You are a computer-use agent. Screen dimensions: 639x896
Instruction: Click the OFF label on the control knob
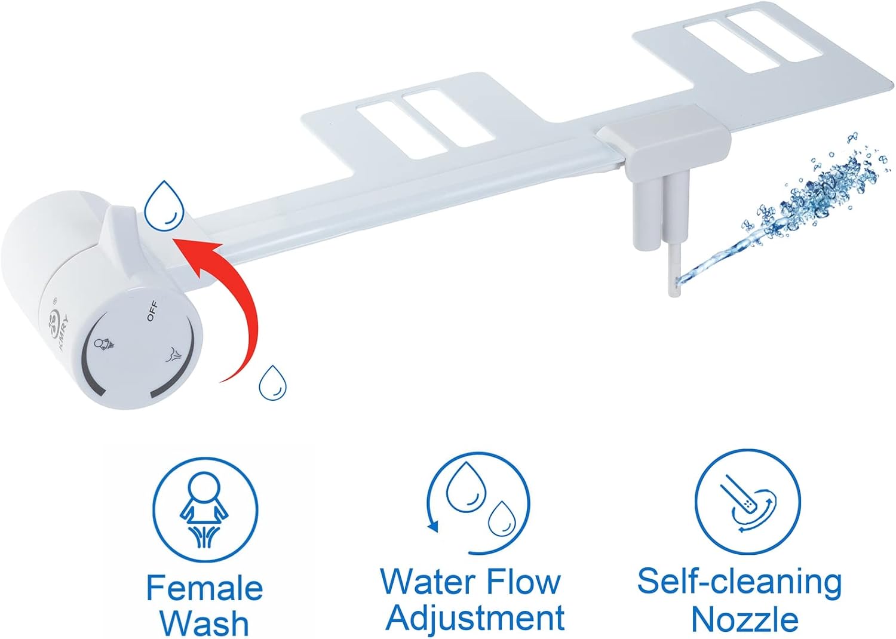(x=152, y=311)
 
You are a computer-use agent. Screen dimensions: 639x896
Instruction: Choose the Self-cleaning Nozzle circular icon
(x=747, y=501)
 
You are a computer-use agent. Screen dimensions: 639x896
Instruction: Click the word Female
(x=205, y=588)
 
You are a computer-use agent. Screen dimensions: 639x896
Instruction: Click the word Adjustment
(x=475, y=618)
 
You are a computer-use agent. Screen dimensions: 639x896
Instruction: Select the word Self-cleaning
(x=739, y=582)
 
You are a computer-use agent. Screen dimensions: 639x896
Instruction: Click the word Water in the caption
(x=428, y=581)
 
